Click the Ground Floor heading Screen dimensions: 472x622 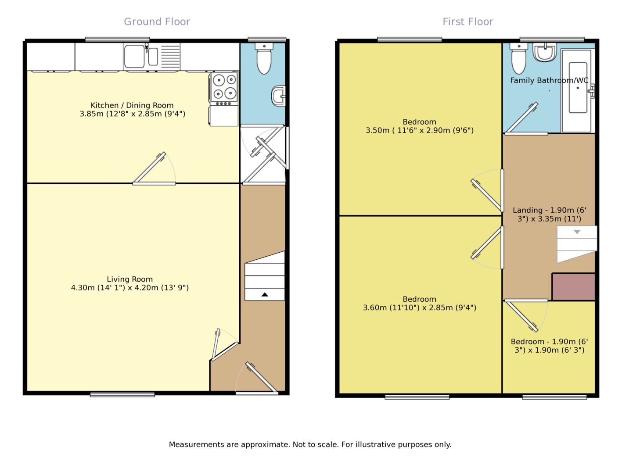pos(157,21)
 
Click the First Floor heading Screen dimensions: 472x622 pos(467,21)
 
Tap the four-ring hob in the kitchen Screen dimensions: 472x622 pos(224,87)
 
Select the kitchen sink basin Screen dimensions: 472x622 pos(134,57)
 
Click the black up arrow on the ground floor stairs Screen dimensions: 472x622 pos(264,295)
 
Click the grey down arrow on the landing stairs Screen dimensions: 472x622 pos(577,232)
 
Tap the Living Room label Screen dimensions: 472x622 pos(129,279)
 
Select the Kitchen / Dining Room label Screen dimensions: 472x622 pos(132,105)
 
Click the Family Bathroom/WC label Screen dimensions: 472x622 pos(549,80)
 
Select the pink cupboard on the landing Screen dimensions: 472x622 pos(573,287)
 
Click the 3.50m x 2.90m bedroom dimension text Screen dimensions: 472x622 pos(419,130)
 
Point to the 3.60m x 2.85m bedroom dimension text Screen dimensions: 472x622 pos(419,308)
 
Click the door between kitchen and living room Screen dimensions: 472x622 pos(154,169)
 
